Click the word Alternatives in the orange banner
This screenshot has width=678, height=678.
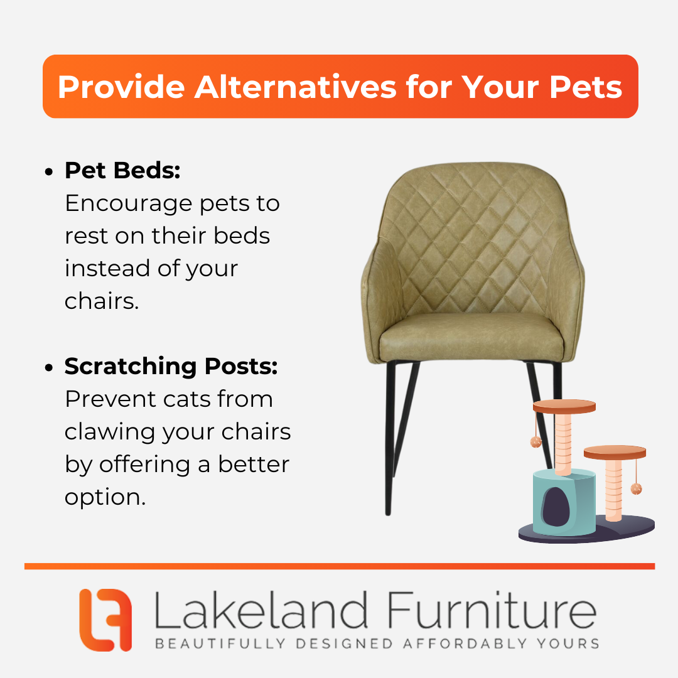click(295, 87)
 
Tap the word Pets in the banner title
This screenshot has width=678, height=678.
click(586, 87)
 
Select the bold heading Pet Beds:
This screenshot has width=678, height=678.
click(122, 170)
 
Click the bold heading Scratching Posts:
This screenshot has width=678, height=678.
click(171, 366)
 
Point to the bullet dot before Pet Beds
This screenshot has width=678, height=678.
click(49, 171)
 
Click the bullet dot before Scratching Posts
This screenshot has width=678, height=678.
click(49, 367)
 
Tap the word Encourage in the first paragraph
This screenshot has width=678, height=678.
click(129, 204)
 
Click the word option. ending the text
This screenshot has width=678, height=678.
click(105, 497)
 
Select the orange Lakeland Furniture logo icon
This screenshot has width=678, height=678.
click(105, 620)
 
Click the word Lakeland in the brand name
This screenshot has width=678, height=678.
click(261, 610)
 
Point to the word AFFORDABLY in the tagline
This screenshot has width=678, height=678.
click(465, 643)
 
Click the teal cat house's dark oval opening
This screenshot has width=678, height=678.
click(556, 507)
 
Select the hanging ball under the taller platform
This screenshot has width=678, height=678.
click(535, 441)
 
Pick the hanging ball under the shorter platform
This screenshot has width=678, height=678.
click(636, 488)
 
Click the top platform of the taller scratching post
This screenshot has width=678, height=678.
click(564, 406)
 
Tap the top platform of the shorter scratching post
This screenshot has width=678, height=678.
click(615, 452)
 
